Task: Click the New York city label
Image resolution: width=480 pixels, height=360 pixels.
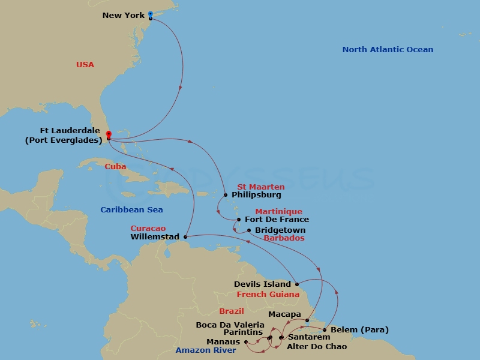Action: coord(124,15)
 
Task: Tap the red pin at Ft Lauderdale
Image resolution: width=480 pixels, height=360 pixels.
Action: coord(109,134)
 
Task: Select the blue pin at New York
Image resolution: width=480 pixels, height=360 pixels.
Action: coord(150,13)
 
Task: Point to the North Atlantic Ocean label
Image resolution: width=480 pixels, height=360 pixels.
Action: coord(388,50)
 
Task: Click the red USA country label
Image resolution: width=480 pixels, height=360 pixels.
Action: coord(85,65)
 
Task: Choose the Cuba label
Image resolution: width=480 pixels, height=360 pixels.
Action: coord(115,166)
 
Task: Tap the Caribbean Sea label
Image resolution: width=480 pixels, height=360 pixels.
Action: coord(131,210)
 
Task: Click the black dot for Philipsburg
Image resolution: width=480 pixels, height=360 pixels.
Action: coord(226,195)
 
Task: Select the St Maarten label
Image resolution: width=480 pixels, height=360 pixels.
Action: coord(261,188)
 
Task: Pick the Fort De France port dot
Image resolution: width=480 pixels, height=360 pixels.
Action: coord(239,220)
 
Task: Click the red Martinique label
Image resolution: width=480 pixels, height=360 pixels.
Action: coord(278,212)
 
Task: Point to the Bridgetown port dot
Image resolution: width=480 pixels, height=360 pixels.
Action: coord(249,230)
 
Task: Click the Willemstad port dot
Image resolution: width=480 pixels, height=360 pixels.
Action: coord(185,237)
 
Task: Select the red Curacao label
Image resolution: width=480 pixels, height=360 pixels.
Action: coord(148,229)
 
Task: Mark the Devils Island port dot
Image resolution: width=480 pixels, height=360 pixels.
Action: coord(297,284)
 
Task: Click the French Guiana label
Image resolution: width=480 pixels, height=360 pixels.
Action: coord(268,295)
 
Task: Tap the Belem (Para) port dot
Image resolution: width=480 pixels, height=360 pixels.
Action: coord(325,330)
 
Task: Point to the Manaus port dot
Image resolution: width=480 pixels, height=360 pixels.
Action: coord(246,342)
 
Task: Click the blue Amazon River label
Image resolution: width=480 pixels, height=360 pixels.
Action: coord(206,350)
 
